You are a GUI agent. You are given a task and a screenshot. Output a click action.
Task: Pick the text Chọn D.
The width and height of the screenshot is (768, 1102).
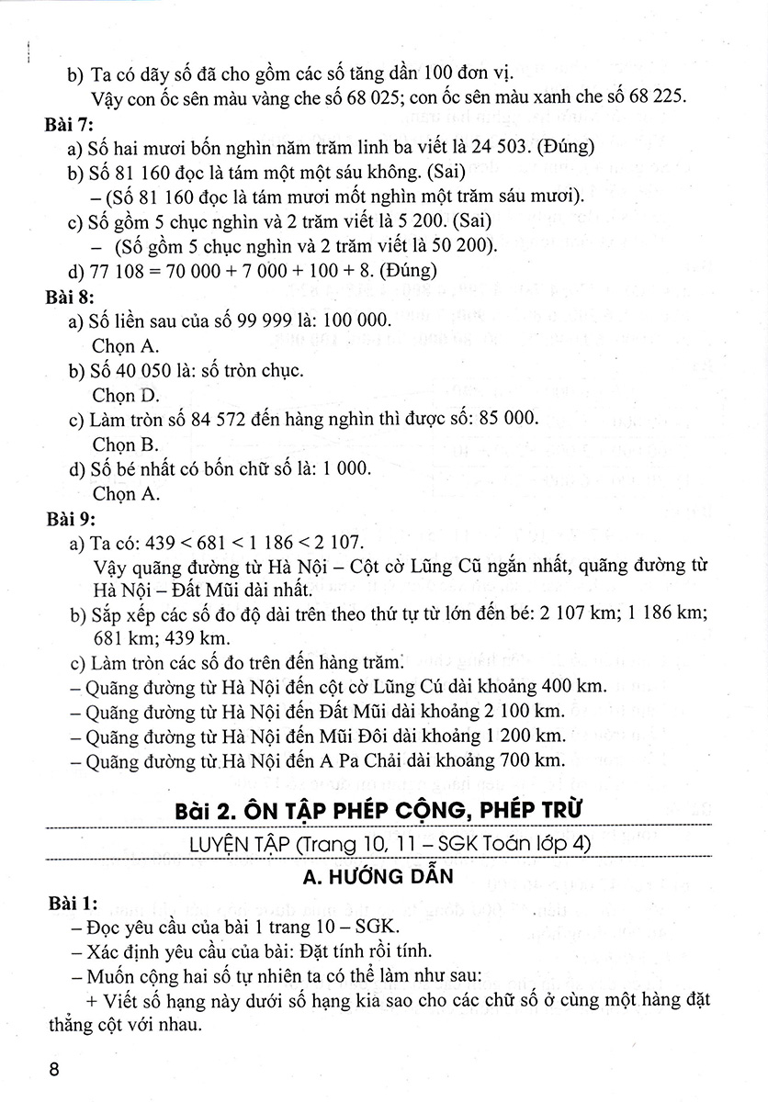126,396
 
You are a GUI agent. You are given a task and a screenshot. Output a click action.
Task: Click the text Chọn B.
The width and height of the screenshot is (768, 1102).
126,444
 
